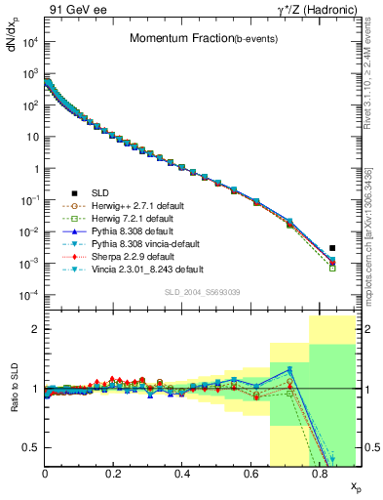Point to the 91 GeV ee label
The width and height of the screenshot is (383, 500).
[70, 9]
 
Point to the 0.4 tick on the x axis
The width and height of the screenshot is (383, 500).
[182, 475]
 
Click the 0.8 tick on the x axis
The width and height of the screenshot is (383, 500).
[319, 475]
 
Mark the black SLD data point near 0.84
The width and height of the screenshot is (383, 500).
[332, 248]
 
